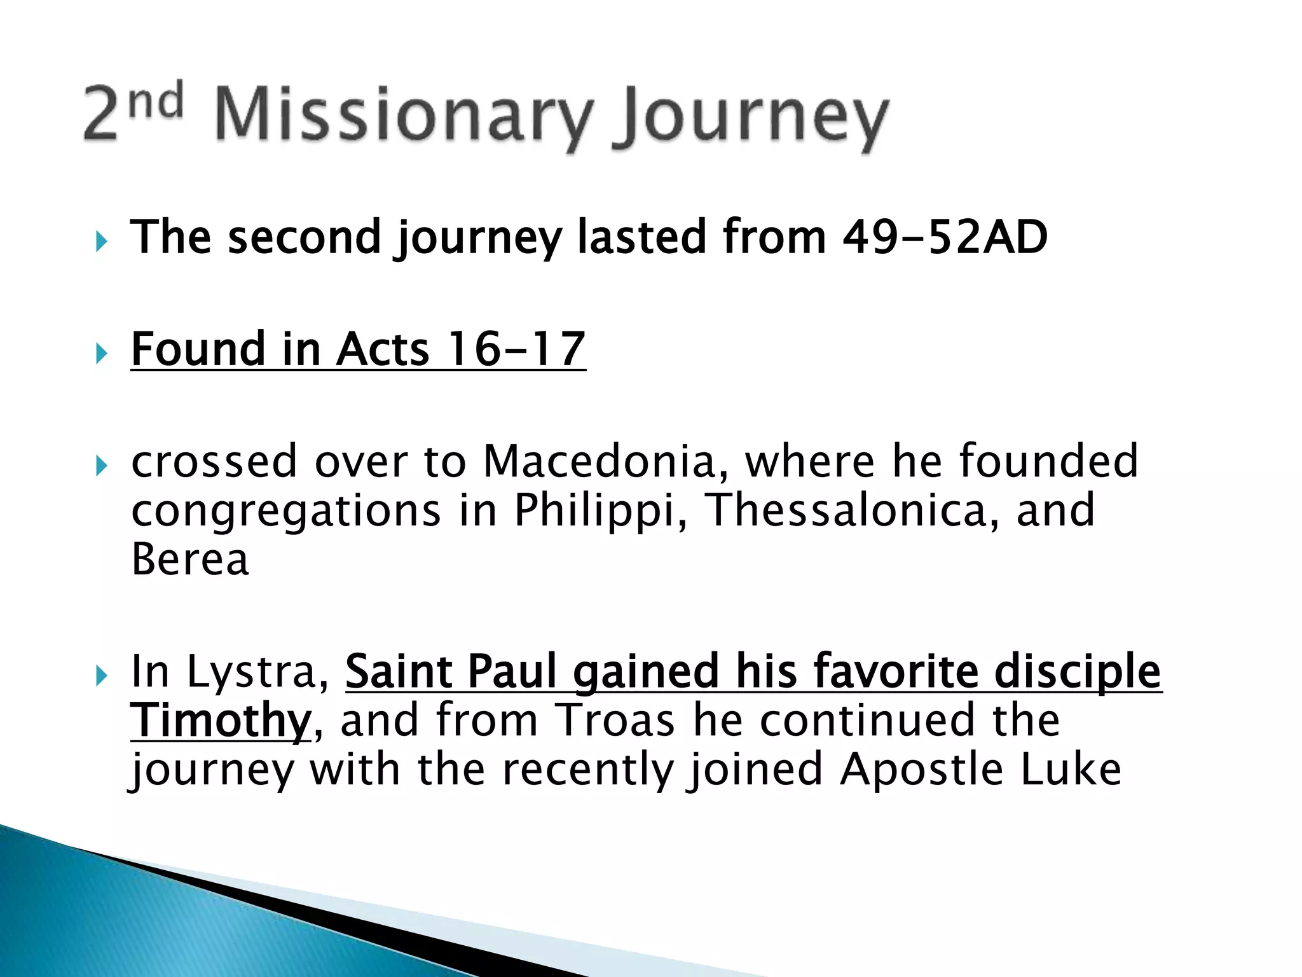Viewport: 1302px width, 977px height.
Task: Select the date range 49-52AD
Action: [x=944, y=237]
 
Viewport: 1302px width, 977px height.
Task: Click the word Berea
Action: [x=189, y=559]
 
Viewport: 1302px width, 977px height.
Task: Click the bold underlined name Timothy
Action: [x=220, y=721]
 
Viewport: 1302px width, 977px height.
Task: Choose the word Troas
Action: [x=615, y=721]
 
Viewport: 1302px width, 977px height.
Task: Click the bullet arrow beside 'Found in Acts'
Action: [x=101, y=352]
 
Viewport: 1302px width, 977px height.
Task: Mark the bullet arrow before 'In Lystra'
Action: [x=101, y=676]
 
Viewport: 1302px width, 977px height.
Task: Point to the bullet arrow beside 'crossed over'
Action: [x=101, y=466]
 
